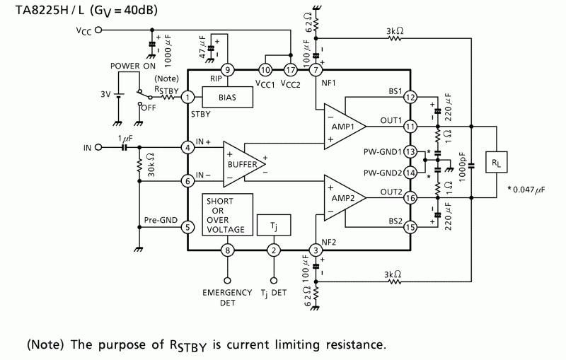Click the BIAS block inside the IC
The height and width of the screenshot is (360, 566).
[x=228, y=97]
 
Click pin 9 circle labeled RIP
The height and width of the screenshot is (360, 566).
[x=228, y=69]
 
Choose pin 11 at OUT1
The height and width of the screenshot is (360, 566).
[x=411, y=127]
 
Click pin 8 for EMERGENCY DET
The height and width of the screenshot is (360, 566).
[x=228, y=249]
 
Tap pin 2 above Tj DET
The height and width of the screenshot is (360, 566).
[x=274, y=249]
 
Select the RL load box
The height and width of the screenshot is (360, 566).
[x=496, y=162]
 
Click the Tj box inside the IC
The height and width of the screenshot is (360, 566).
[x=273, y=224]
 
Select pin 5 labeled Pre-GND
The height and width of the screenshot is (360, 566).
[x=188, y=227]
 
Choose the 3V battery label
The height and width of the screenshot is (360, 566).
[x=105, y=93]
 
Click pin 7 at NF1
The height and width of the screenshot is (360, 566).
[x=315, y=69]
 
